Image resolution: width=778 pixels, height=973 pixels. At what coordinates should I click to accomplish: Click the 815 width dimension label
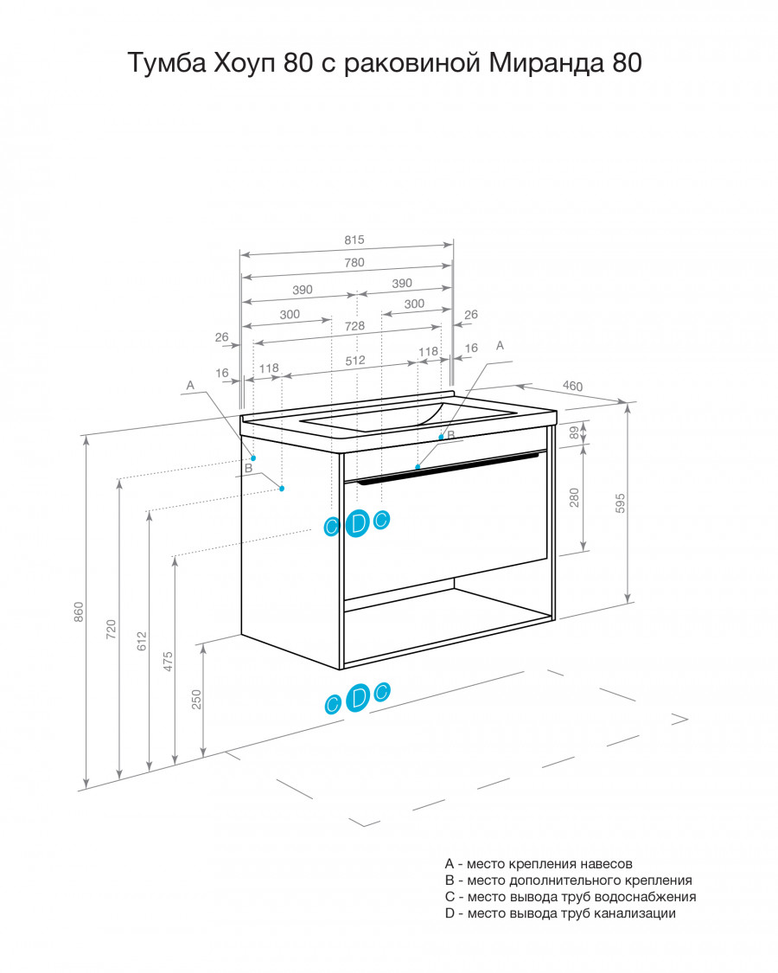tap(354, 240)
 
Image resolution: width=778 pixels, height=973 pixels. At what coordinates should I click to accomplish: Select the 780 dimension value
tap(354, 262)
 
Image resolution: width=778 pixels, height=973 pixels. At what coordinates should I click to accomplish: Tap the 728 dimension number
tap(354, 326)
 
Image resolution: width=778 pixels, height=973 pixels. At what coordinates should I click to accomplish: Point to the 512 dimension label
tap(355, 361)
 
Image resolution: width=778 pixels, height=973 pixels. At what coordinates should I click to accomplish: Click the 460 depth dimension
tap(572, 386)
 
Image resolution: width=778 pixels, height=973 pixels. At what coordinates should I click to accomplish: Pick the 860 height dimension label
tap(79, 611)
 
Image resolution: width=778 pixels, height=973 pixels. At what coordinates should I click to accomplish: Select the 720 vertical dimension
tap(111, 630)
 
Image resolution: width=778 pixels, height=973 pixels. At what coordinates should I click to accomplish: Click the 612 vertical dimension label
tap(142, 641)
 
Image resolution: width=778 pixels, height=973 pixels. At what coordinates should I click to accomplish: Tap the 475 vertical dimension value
tap(168, 662)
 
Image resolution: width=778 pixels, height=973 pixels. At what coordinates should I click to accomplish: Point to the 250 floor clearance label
tap(197, 700)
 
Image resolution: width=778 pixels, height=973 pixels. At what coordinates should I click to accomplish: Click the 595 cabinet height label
tap(620, 503)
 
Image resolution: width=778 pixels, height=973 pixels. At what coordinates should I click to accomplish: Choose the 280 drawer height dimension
tap(574, 497)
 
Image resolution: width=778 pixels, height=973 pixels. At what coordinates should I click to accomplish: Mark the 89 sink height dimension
tap(575, 432)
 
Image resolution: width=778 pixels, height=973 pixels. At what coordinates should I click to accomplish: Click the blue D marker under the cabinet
tap(357, 697)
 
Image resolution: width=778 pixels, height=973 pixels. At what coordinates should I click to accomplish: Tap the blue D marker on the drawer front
tap(357, 523)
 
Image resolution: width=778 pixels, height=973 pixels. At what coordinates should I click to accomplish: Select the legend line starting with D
tap(560, 912)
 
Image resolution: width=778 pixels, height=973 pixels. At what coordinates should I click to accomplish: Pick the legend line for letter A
tap(539, 863)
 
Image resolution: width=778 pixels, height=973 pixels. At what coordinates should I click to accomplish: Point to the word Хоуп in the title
tap(245, 62)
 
